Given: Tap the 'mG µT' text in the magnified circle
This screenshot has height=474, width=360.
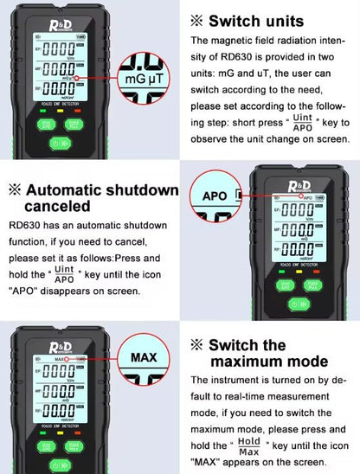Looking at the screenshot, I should click(x=145, y=79).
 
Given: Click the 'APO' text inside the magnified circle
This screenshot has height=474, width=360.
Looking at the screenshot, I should click(x=215, y=195).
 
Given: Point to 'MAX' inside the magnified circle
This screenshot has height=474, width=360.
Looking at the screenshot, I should click(x=145, y=356).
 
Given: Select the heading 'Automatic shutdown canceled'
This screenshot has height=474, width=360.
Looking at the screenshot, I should click(x=93, y=198).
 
